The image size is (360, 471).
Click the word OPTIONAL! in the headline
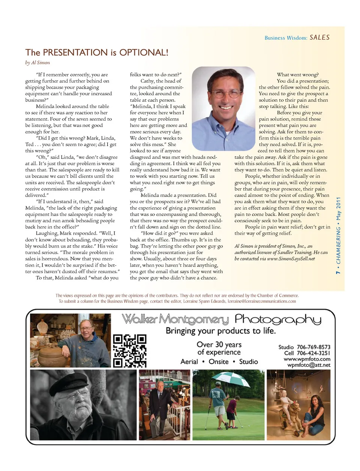click(x=144, y=52)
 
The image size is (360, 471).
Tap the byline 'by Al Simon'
click(x=37, y=63)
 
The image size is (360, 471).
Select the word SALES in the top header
click(x=319, y=37)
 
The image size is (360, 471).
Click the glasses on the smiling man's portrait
click(x=224, y=93)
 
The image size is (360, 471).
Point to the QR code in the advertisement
click(x=130, y=351)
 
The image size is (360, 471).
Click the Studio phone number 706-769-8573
click(x=313, y=347)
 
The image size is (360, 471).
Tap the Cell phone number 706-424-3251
click(x=313, y=353)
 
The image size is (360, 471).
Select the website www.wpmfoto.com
click(x=307, y=359)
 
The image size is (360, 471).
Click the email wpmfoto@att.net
click(x=309, y=365)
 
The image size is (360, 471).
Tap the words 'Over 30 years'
click(x=219, y=344)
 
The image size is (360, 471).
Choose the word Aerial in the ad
click(x=189, y=362)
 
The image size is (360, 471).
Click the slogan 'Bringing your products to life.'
click(x=220, y=331)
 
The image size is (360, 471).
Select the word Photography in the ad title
click(x=278, y=319)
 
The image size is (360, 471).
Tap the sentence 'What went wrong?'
click(x=297, y=75)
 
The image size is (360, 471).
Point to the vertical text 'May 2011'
click(x=339, y=209)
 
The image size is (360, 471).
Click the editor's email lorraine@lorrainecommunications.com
click(x=262, y=301)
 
